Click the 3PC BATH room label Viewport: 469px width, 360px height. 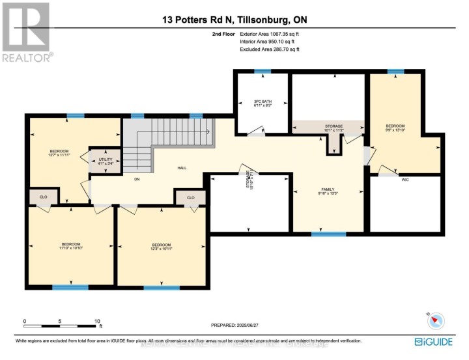(x=263, y=103)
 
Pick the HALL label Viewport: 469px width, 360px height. (x=182, y=167)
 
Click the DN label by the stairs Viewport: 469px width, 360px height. (x=137, y=179)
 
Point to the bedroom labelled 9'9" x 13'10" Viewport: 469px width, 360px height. (x=395, y=128)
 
